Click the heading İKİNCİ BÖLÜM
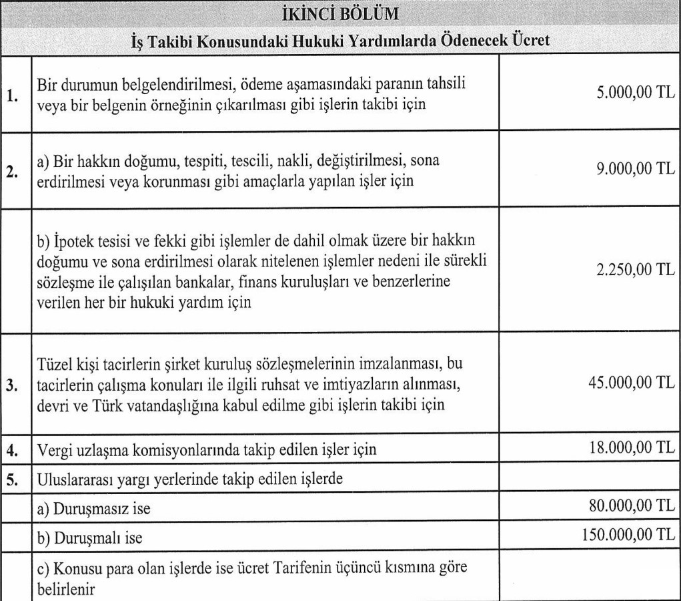coord(341,14)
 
